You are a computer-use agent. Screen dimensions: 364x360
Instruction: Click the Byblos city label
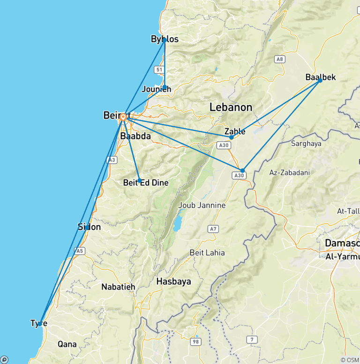(x=165, y=39)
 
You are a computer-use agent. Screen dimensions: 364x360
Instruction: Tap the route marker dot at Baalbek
(x=320, y=80)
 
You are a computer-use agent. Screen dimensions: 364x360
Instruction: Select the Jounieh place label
(x=157, y=89)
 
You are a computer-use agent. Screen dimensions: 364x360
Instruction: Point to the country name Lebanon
(x=231, y=107)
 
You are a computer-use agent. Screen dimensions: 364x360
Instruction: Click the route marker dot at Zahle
(x=231, y=137)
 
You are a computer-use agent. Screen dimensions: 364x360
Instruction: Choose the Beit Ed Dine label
(x=146, y=182)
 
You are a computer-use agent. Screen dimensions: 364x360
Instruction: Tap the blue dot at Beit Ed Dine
(x=139, y=181)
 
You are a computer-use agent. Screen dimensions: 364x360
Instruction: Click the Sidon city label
(x=89, y=227)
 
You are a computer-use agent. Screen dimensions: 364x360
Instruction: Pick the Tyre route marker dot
(x=41, y=323)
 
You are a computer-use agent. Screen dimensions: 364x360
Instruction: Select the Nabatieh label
(x=118, y=286)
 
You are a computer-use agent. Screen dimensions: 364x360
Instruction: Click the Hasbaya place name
(x=173, y=281)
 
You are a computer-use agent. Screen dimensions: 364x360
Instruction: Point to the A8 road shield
(x=280, y=59)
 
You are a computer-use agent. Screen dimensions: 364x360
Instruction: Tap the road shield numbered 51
(x=159, y=69)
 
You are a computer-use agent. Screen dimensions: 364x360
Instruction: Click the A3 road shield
(x=112, y=160)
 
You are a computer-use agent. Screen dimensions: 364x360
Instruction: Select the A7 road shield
(x=213, y=229)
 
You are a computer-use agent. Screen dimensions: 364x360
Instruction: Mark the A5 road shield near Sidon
(x=80, y=251)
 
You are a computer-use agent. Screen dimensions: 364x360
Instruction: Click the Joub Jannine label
(x=202, y=205)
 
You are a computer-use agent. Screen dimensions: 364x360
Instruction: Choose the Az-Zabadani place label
(x=289, y=173)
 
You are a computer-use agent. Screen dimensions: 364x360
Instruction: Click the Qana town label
(x=67, y=344)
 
